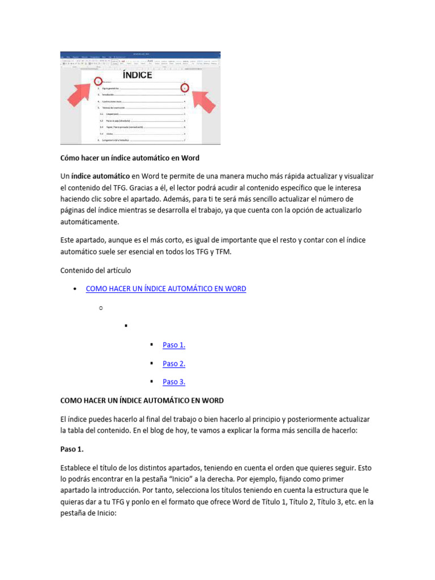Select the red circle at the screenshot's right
click(184, 88)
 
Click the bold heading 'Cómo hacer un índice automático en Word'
click(130, 158)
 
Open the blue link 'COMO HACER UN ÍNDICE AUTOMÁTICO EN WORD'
click(165, 289)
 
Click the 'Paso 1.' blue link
click(174, 345)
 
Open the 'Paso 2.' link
click(174, 364)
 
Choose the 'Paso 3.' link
click(174, 382)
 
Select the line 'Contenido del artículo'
click(96, 270)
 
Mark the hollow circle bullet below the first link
click(100, 308)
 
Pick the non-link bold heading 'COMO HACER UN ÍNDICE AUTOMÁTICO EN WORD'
click(142, 400)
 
